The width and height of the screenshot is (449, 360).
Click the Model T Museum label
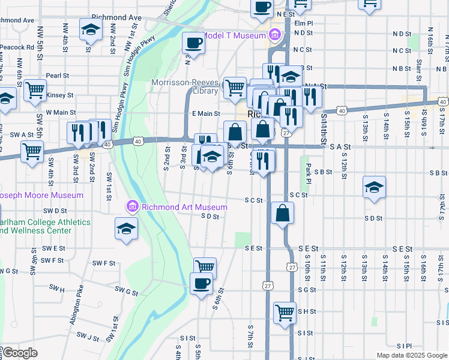click(234, 35)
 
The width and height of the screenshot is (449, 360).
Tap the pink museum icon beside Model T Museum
click(275, 35)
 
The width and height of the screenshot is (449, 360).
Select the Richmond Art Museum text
click(184, 207)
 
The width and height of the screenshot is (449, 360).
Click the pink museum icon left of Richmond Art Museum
click(133, 208)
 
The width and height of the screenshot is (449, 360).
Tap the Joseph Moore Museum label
click(41, 195)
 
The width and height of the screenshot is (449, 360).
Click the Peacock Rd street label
click(17, 46)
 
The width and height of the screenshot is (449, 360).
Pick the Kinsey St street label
click(60, 95)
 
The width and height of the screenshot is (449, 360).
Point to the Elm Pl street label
click(304, 23)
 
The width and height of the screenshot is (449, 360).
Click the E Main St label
click(206, 113)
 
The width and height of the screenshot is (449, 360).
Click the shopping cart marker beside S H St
click(285, 311)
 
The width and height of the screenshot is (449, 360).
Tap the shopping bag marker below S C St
click(282, 212)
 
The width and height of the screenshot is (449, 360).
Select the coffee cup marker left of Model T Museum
click(193, 42)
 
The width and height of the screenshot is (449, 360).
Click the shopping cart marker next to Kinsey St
click(35, 90)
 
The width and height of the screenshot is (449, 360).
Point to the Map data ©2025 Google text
click(411, 355)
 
